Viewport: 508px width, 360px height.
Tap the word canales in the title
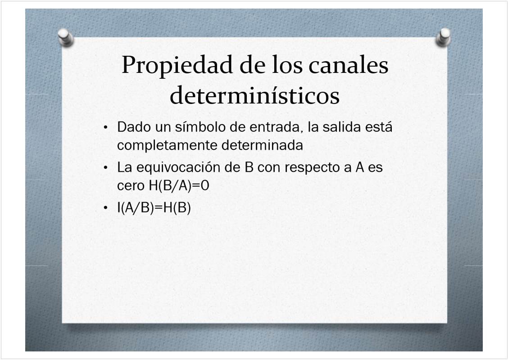pyautogui.click(x=348, y=65)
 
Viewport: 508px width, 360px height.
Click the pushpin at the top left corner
pyautogui.click(x=66, y=38)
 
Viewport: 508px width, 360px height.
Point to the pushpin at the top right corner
pyautogui.click(x=443, y=37)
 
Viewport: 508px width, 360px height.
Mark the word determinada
pyautogui.click(x=262, y=145)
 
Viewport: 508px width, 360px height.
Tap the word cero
pyautogui.click(x=131, y=186)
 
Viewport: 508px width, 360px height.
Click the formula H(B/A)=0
pyautogui.click(x=179, y=186)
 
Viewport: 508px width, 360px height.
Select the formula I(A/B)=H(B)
pyautogui.click(x=154, y=207)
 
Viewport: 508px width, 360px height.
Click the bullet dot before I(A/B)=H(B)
pyautogui.click(x=105, y=207)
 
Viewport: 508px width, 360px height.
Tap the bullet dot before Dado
pyautogui.click(x=105, y=127)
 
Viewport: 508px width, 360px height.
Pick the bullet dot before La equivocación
pyautogui.click(x=105, y=168)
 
